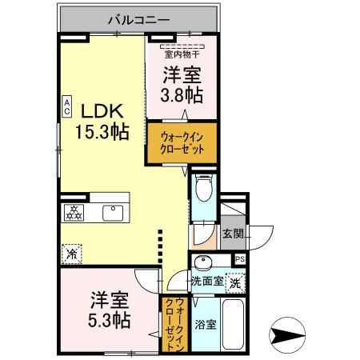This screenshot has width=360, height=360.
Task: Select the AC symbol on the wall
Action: pos(67,106)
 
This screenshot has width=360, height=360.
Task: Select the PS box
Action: pos(240,259)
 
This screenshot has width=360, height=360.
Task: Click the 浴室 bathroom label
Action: pos(206,324)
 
